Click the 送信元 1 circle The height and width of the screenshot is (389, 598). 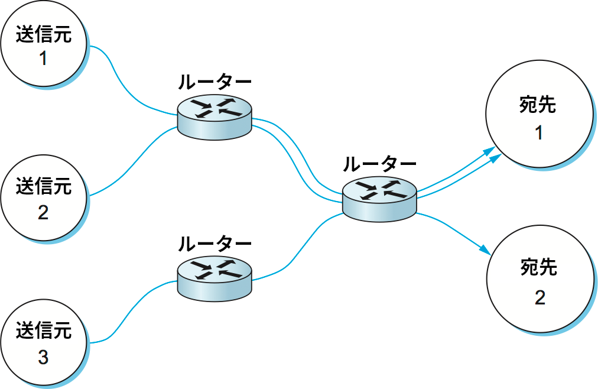(43, 45)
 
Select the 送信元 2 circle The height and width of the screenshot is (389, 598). (43, 199)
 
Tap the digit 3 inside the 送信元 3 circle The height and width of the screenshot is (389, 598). (43, 357)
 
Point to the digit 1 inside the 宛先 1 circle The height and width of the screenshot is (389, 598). (539, 134)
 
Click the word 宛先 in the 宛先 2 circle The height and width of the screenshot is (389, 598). (539, 267)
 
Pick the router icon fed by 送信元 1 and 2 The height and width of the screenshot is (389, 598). (214, 118)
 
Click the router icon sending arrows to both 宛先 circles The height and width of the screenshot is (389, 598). (380, 200)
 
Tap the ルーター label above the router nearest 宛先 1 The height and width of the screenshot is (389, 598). (380, 164)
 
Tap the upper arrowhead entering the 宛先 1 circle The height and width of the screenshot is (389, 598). (490, 150)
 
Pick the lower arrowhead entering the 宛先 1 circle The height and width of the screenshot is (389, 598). (495, 158)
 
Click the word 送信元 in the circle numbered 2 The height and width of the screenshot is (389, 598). (43, 186)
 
